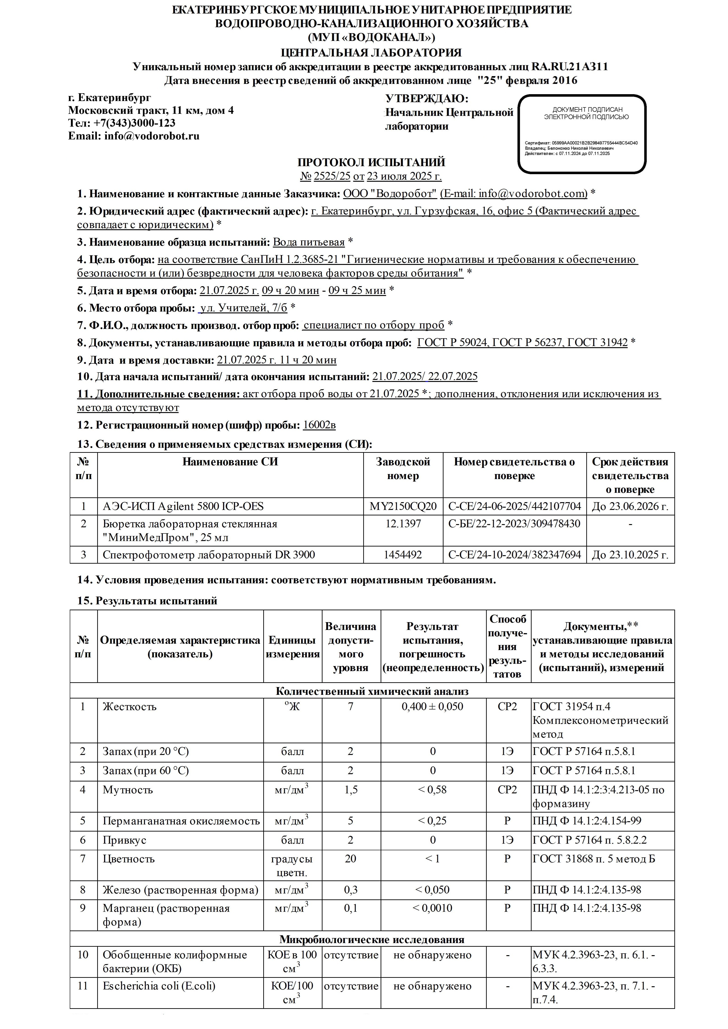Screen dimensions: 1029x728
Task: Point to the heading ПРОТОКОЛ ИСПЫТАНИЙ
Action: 371,162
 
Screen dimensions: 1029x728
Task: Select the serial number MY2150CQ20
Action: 403,507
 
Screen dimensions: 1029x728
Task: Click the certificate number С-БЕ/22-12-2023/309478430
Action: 514,523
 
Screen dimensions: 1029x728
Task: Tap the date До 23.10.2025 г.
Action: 630,555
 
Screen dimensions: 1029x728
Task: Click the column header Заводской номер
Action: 403,469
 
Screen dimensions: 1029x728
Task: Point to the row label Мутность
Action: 128,790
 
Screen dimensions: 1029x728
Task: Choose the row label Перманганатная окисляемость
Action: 181,821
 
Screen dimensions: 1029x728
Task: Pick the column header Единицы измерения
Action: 293,647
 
